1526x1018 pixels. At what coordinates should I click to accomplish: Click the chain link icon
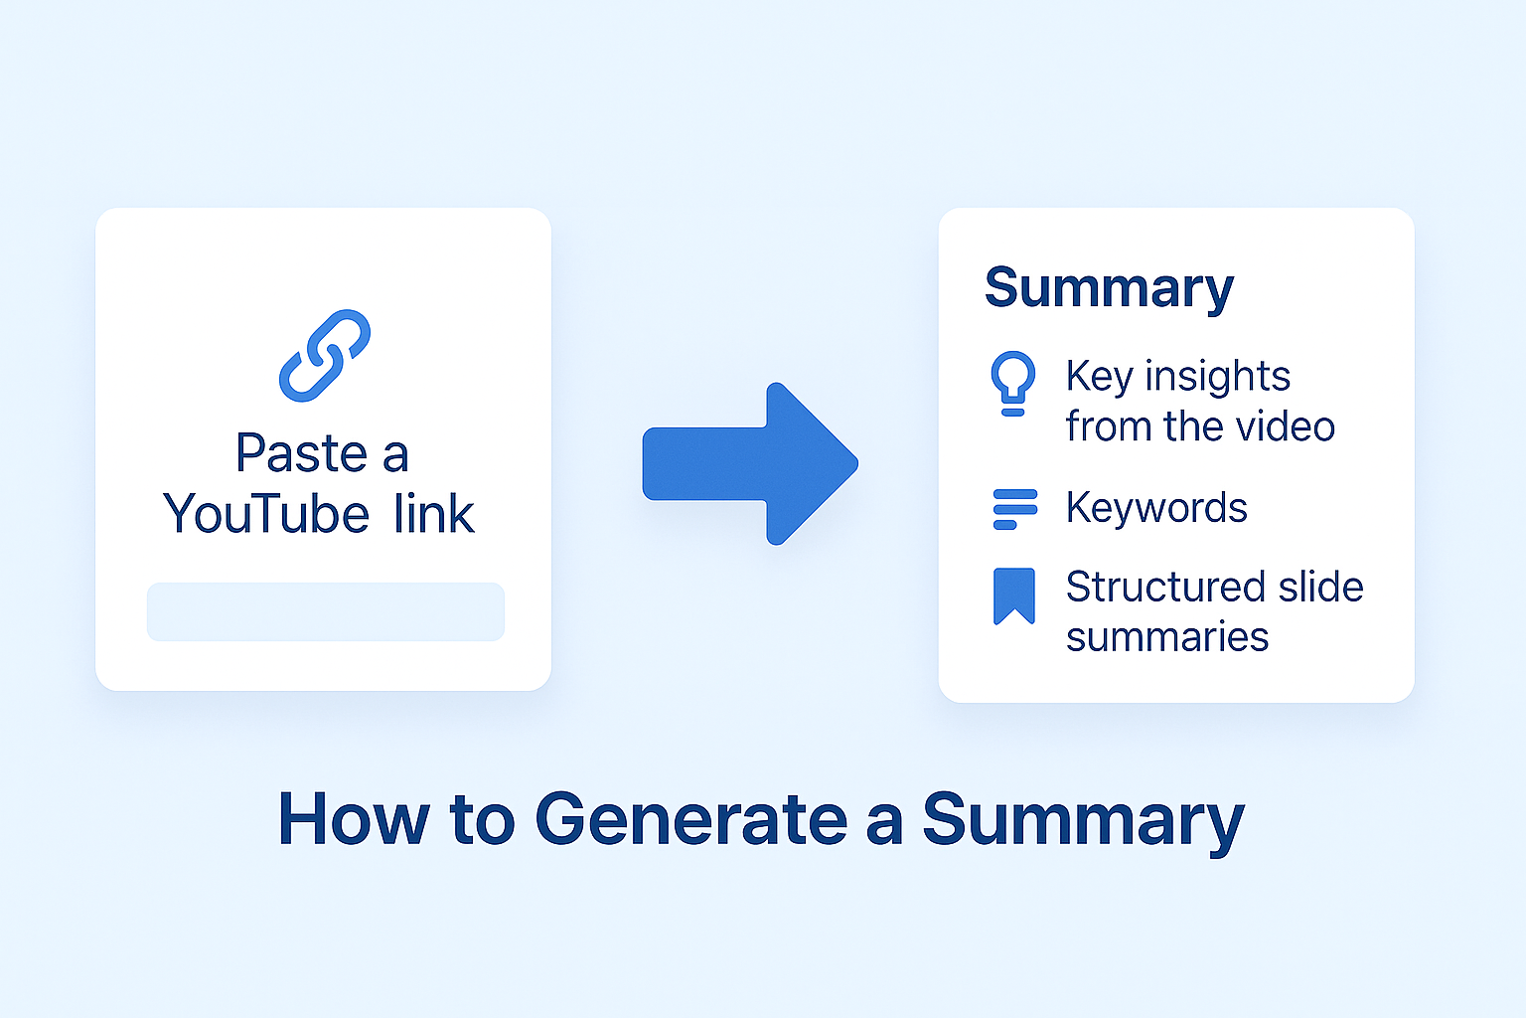(324, 355)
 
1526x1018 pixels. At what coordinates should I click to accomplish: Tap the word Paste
(301, 454)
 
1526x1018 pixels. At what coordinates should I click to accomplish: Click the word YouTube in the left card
(266, 514)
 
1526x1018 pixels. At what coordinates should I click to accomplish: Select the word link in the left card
(433, 514)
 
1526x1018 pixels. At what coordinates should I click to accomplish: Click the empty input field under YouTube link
(325, 611)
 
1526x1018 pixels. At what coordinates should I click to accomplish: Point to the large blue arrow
(752, 463)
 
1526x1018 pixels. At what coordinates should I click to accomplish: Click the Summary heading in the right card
(1109, 288)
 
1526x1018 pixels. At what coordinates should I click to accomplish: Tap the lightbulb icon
(1012, 383)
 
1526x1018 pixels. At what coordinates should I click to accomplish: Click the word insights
(1217, 377)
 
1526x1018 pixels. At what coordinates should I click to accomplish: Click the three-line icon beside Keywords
(1014, 509)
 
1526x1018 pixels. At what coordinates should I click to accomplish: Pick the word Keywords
(1156, 508)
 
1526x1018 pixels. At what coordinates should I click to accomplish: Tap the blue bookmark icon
(1014, 595)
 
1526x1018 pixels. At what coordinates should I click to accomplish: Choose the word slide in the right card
(1320, 587)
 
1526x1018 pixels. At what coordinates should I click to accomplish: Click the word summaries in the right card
(1167, 637)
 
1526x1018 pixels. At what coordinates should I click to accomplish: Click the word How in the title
(353, 819)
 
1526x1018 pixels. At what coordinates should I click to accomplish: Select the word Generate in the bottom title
(690, 819)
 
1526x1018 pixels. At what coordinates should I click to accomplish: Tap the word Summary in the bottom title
(1083, 821)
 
